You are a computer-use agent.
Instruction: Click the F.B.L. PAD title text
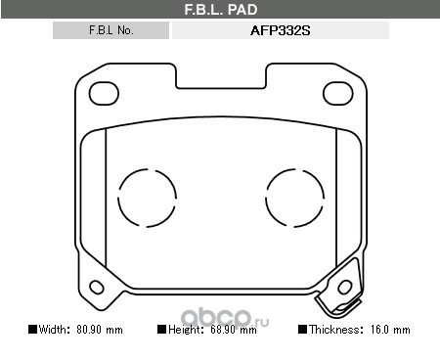[221, 10]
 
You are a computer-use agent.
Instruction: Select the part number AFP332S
[281, 30]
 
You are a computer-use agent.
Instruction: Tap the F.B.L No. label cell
[110, 30]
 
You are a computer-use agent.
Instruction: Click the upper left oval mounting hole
[104, 94]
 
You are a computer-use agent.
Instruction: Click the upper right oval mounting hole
[337, 94]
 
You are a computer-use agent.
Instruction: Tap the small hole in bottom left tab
[97, 287]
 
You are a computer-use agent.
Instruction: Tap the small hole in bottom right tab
[345, 287]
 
